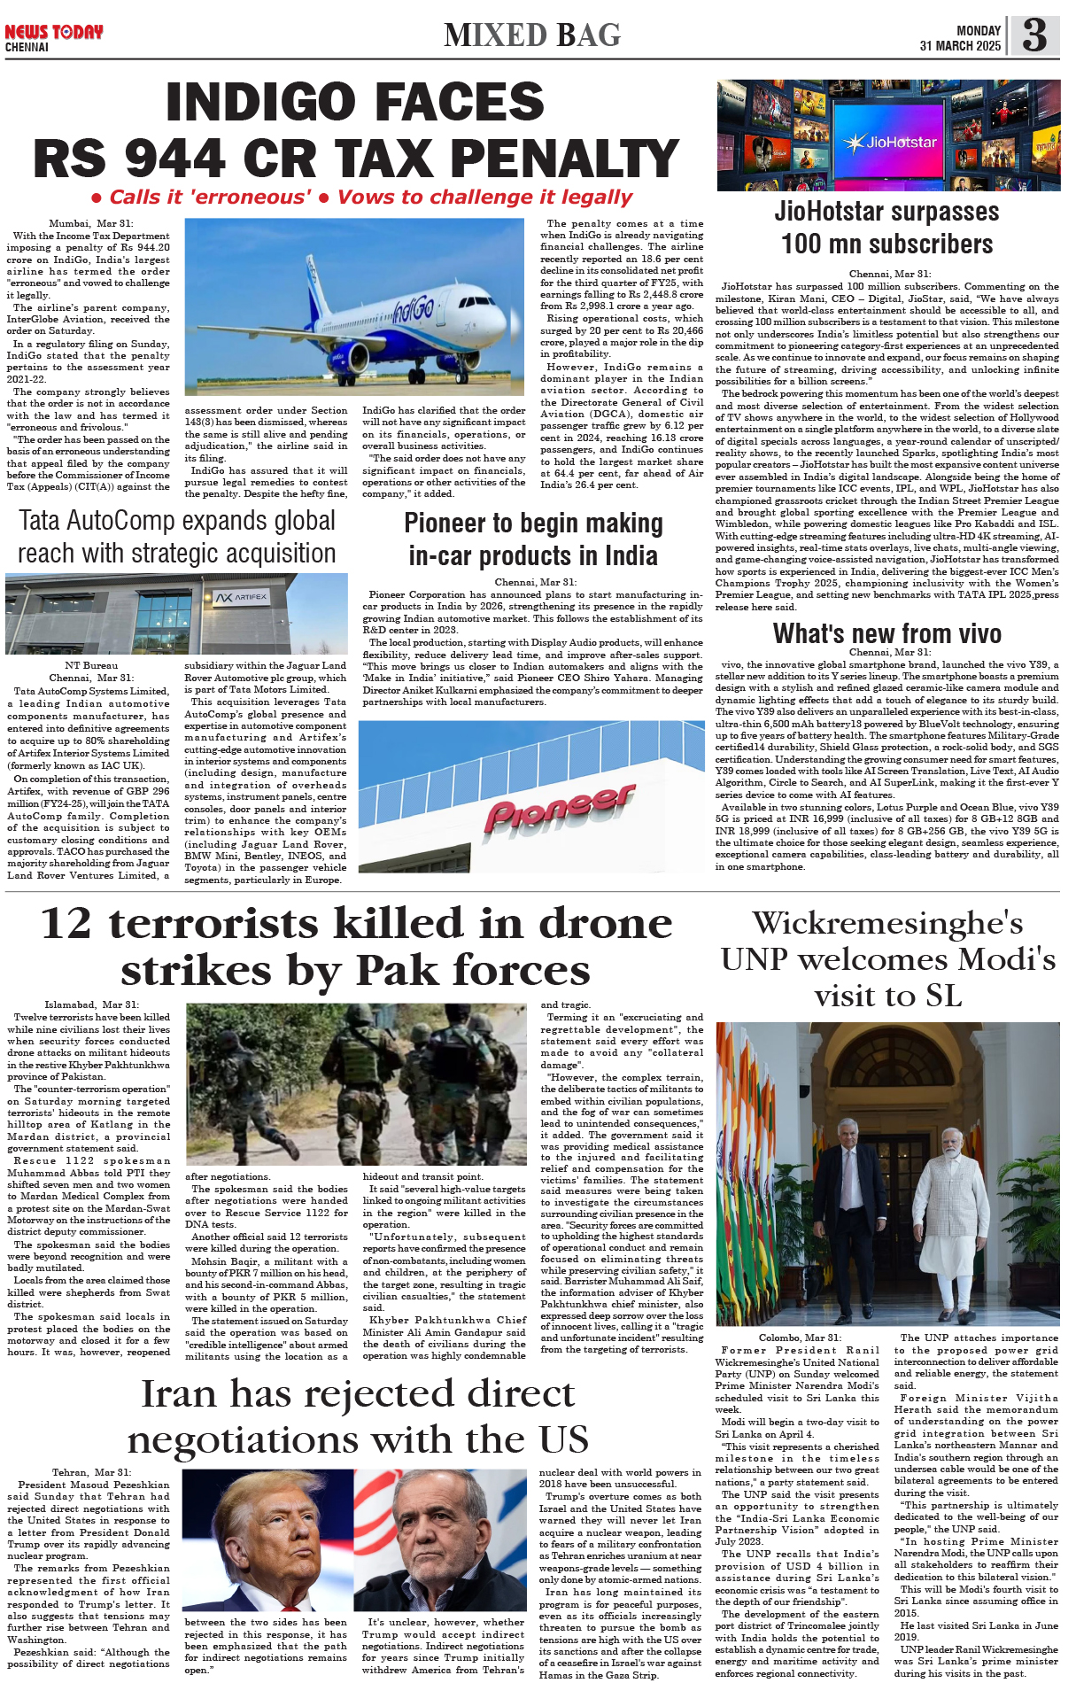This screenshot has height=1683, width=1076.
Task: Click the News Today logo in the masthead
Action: coord(53,33)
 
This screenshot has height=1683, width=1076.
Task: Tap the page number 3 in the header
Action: coord(1034,35)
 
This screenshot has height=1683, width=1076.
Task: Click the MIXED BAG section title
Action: coord(532,35)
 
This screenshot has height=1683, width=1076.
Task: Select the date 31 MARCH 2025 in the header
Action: coord(960,46)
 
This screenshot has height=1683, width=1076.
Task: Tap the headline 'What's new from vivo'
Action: coord(887,633)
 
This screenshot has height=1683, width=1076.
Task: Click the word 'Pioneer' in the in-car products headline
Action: coord(450,524)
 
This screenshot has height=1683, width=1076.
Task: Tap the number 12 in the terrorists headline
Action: coord(66,923)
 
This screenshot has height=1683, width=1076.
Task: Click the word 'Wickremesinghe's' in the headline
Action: coord(887,923)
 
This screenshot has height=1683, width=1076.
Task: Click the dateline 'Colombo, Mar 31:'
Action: coord(799,1338)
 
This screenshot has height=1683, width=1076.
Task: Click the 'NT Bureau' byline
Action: coord(91,665)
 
